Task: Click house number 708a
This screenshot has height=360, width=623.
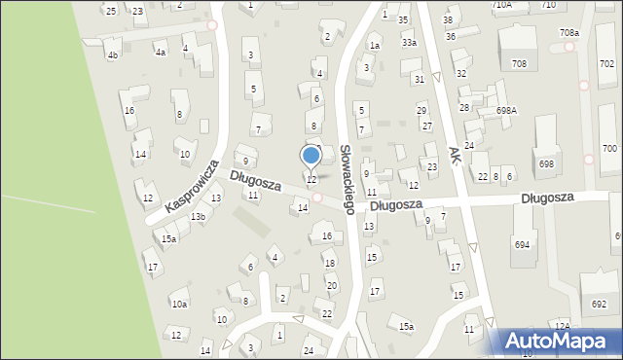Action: (x=569, y=33)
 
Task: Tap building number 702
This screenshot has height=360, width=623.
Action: (x=606, y=62)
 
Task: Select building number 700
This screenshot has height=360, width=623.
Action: (x=609, y=149)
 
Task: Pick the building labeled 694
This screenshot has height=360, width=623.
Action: (x=523, y=244)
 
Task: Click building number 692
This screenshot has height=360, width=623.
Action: (x=599, y=305)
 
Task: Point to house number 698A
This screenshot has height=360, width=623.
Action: (x=506, y=111)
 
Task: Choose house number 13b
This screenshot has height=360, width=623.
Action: (x=198, y=216)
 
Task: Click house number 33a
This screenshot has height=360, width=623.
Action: (x=409, y=43)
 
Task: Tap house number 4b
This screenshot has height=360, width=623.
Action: (x=113, y=55)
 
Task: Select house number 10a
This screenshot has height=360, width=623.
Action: (x=179, y=305)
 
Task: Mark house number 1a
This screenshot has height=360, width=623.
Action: (x=374, y=46)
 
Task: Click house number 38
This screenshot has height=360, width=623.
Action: (x=448, y=20)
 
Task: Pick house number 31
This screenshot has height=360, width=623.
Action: (x=419, y=80)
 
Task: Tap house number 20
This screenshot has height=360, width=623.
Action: (x=332, y=285)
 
